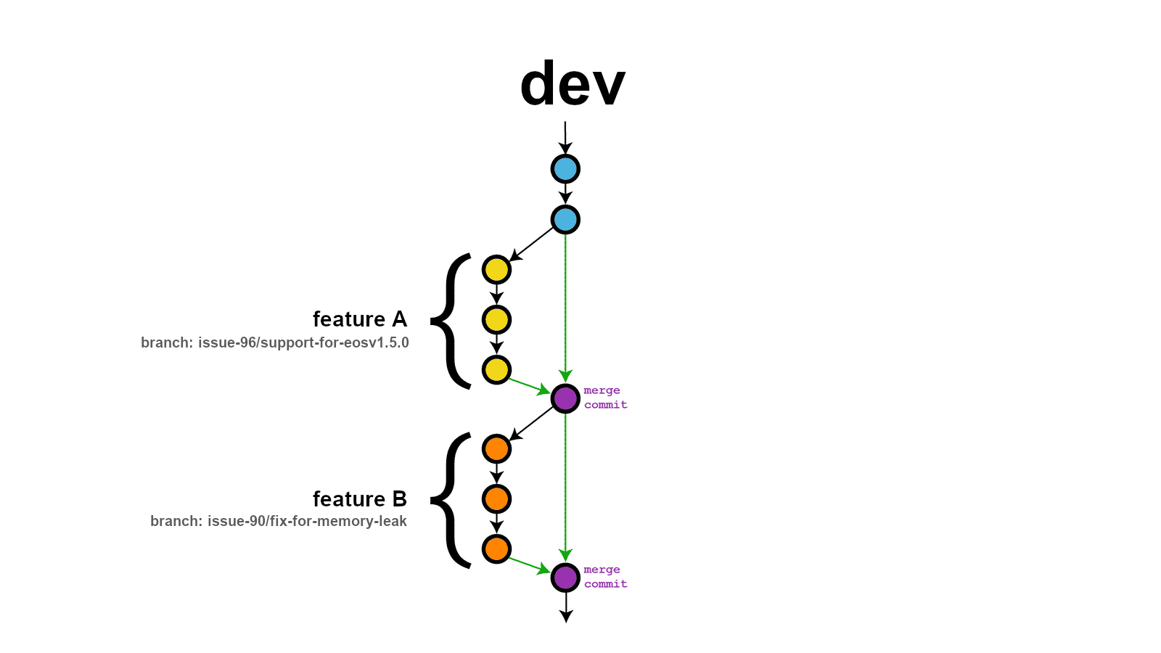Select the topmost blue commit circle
pos(565,169)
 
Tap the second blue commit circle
pos(565,219)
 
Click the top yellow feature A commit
pos(496,270)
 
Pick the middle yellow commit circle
pos(496,320)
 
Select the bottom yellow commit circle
pos(496,370)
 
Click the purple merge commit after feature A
pos(565,398)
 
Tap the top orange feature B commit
pos(496,449)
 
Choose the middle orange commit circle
pos(496,499)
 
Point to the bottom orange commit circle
pos(496,549)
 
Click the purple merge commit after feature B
pos(565,578)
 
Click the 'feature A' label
pos(360,319)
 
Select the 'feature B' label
pos(360,499)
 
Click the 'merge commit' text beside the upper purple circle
pos(605,398)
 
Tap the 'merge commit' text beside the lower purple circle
pos(605,577)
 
